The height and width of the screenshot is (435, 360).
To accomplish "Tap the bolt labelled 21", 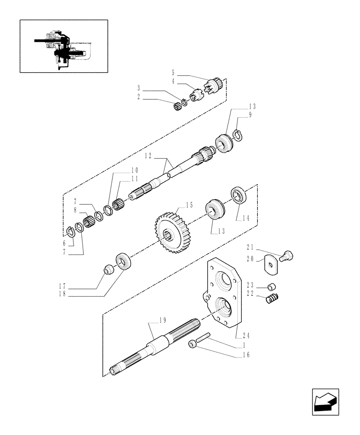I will (x=287, y=256).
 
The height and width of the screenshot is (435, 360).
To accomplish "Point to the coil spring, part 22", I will (x=272, y=299).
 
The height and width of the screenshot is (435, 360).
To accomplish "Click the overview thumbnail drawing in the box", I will (x=63, y=46).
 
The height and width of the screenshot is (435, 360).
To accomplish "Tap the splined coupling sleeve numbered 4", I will (x=197, y=94).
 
